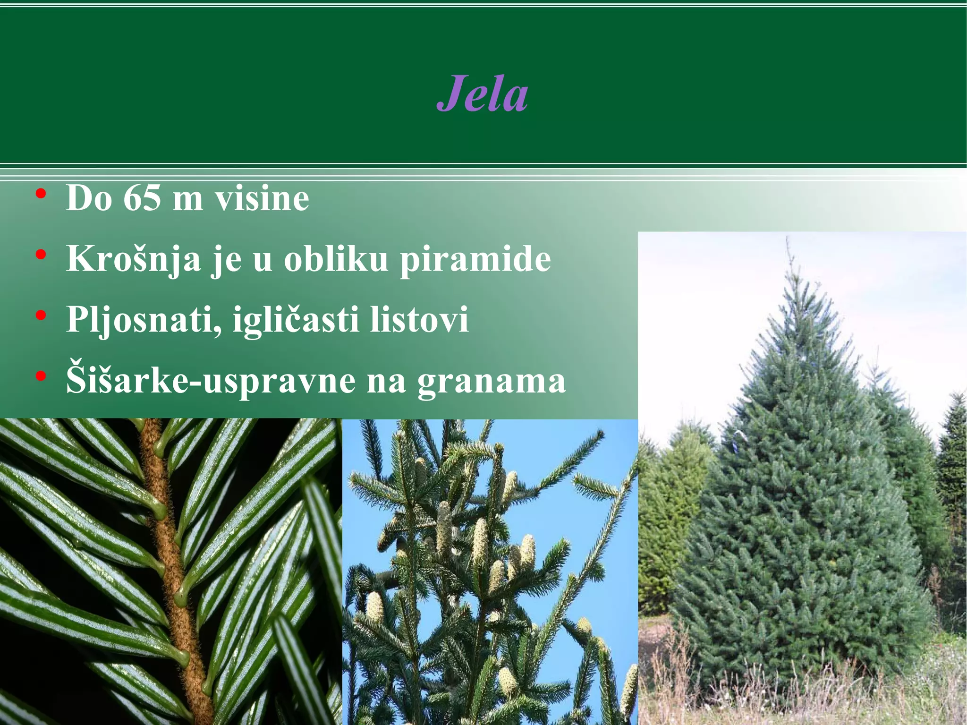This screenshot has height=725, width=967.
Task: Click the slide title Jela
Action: [x=482, y=94]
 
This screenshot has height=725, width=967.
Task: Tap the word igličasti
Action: [x=297, y=320]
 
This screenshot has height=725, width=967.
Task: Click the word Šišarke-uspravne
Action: [x=211, y=381]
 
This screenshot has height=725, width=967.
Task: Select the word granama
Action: [x=491, y=382]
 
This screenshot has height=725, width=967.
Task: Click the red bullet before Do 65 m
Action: [x=41, y=194]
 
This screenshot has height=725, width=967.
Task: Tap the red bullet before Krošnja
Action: [x=41, y=255]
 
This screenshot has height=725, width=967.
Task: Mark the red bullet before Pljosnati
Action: [x=41, y=316]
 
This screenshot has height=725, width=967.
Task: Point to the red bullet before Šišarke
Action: [x=41, y=376]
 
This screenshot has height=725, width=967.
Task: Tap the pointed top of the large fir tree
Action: [x=787, y=241]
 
